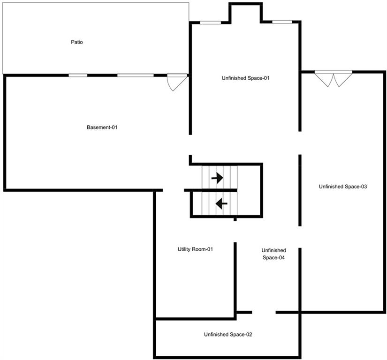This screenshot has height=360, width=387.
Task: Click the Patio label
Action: pos(77,42)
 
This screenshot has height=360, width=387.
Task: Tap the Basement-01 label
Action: pos(102,127)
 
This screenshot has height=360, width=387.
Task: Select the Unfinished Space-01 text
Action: pos(246,78)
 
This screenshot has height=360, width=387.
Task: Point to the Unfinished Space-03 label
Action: pos(343,187)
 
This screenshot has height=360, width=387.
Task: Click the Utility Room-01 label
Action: pos(195,249)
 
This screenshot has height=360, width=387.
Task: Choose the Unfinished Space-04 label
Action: pos(273,254)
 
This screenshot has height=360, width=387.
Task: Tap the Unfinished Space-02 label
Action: pos(228,335)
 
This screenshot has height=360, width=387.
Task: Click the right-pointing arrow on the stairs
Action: pos(218,178)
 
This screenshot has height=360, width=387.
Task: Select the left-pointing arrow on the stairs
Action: pos(221,203)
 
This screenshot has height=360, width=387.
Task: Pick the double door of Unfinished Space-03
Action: pos(334,78)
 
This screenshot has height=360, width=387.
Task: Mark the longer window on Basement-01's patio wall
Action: pos(135,75)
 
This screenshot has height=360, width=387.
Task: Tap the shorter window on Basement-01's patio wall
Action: pos(78,75)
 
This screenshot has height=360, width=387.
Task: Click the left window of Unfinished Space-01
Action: pos(210,22)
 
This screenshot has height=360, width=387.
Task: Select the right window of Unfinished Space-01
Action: pos(282,22)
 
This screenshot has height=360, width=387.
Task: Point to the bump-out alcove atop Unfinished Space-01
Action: pos(246,13)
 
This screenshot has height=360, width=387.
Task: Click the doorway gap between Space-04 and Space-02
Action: pos(264,312)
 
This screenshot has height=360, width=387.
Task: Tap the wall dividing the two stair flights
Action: pos(211,190)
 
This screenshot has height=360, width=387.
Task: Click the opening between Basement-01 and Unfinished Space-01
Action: pos(190,145)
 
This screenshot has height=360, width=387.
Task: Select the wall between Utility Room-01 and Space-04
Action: pos(235,279)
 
